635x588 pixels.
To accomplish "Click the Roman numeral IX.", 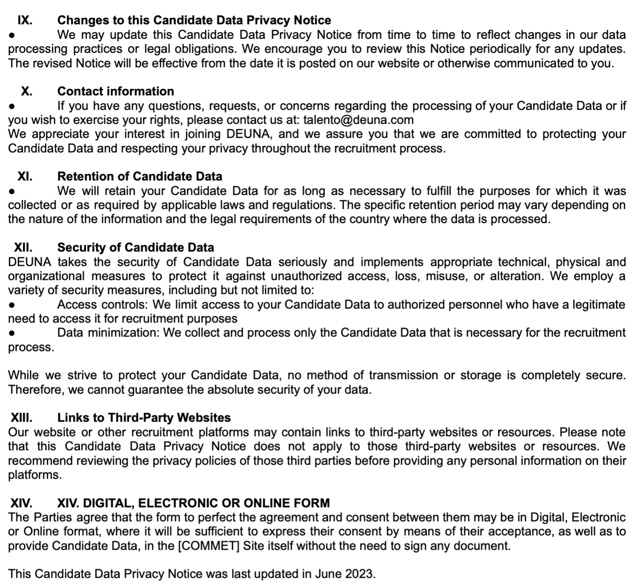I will click(25, 21).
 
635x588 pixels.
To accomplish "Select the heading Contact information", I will click(115, 91).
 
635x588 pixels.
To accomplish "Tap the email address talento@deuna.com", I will click(358, 120).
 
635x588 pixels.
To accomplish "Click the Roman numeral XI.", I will click(25, 176).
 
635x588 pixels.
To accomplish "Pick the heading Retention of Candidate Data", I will click(140, 176).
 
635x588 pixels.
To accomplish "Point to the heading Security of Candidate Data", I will click(135, 247).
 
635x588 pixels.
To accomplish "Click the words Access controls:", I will click(102, 305).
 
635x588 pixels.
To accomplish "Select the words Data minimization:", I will click(109, 333).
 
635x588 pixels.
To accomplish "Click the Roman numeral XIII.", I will click(21, 417).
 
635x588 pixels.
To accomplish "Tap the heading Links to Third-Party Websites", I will click(144, 417).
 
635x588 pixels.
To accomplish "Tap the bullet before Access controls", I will click(12, 305).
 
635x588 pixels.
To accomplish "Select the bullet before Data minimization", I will click(12, 333).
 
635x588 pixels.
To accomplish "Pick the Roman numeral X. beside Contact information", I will click(27, 91).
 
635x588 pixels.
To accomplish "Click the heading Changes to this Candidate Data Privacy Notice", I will click(194, 21).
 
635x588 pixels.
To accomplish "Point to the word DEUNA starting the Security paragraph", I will click(29, 262).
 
